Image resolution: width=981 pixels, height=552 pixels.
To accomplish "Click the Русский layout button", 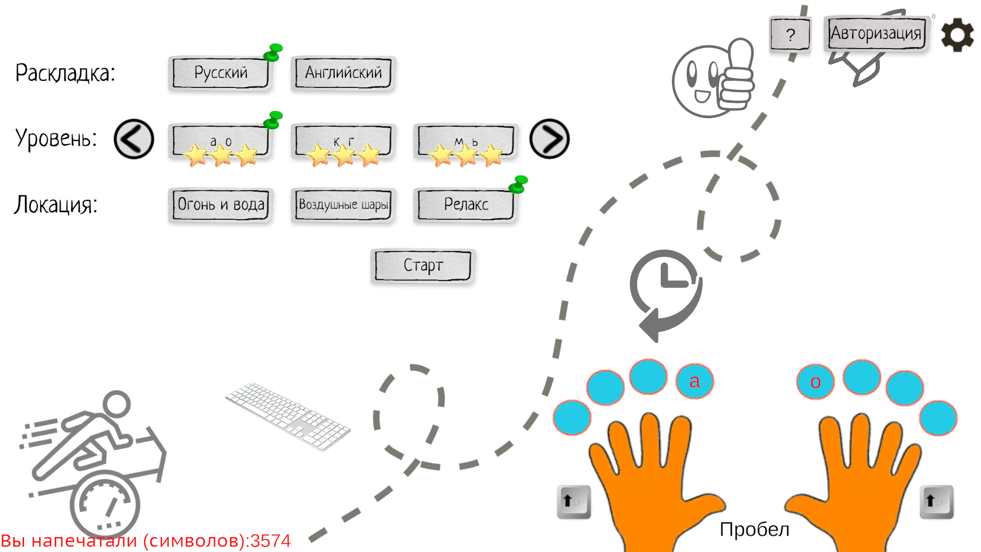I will [220, 73].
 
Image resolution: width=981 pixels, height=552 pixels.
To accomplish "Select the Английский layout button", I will [343, 73].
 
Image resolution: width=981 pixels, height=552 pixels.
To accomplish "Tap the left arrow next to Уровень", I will [134, 139].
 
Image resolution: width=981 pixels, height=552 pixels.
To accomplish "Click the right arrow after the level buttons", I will [549, 139].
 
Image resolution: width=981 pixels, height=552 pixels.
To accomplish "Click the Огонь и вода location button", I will [220, 205].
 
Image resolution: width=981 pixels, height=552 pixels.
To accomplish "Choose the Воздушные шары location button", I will [343, 205].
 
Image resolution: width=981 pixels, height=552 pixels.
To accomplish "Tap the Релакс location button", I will [465, 205].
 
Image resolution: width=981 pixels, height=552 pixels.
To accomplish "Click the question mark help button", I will [790, 35].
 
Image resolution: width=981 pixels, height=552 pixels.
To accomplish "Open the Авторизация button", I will [876, 34].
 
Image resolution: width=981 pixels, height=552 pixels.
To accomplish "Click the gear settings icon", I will [957, 35].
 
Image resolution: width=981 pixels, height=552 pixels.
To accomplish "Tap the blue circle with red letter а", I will [694, 381].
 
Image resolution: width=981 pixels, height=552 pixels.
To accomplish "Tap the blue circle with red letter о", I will [815, 382].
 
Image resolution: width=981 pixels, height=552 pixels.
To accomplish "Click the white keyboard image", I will [288, 416].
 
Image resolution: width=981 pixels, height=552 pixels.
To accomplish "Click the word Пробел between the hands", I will [754, 530].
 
